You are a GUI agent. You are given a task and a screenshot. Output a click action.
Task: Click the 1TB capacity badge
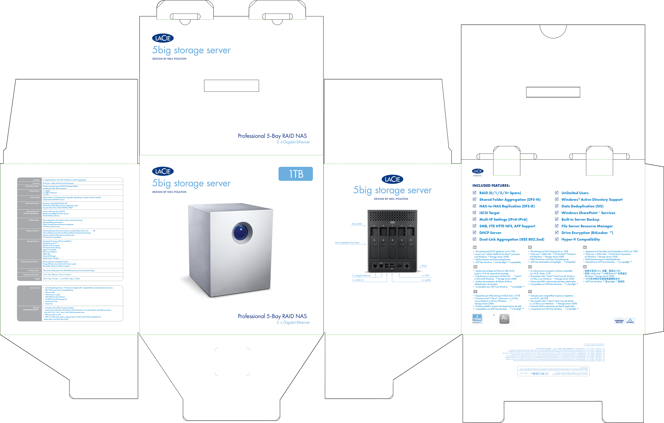[296, 174]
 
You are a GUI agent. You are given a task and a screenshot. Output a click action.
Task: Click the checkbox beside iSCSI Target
[474, 213]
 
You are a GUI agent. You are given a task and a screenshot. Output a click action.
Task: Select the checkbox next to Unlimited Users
[556, 193]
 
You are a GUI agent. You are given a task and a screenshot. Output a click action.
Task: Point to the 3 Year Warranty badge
[477, 319]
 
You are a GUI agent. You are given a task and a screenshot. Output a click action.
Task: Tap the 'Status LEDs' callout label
[357, 224]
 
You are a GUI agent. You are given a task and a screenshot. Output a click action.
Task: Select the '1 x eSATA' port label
[426, 280]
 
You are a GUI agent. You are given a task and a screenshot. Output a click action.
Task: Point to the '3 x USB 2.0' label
[358, 280]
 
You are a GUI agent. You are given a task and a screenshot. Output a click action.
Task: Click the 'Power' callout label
[424, 266]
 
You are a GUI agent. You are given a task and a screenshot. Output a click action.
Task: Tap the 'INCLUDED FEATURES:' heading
[491, 185]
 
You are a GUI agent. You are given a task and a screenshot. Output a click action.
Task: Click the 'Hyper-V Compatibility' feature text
[580, 239]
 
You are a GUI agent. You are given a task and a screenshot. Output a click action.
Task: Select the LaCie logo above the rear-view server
[392, 179]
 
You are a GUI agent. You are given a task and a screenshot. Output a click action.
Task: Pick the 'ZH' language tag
[585, 267]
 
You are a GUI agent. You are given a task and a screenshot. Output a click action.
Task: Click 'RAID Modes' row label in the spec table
[35, 198]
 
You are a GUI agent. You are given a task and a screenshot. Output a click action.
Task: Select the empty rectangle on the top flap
[231, 86]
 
